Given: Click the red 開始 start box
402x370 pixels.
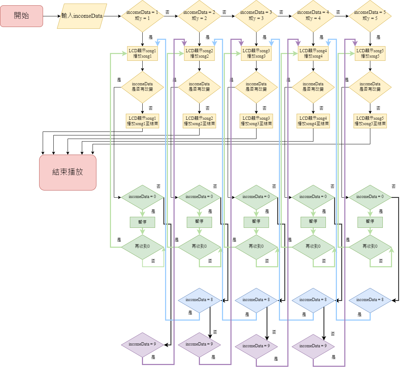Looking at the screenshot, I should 21,16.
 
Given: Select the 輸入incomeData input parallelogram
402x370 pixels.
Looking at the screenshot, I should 82,16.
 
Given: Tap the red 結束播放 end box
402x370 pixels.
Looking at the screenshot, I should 68,172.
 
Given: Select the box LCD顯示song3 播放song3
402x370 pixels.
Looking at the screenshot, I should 256,53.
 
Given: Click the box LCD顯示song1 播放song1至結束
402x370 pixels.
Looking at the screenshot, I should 142,121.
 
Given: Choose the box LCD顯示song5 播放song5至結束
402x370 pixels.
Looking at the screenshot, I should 370,121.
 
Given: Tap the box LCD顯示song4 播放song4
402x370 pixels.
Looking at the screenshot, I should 313,53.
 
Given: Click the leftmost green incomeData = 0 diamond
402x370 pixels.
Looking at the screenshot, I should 142,197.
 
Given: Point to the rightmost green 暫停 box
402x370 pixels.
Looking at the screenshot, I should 370,222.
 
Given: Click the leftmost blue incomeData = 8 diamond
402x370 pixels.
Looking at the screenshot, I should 199,300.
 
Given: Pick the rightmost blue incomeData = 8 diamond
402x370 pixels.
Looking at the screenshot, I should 370,300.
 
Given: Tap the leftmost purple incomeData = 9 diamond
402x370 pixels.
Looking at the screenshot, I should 142,344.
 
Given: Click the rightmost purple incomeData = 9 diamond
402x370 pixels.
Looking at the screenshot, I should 313,346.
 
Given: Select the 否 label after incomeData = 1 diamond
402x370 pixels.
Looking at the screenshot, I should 168,12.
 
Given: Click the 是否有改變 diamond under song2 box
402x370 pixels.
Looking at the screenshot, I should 199,87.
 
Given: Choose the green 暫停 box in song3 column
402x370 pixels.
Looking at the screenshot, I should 256,222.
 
